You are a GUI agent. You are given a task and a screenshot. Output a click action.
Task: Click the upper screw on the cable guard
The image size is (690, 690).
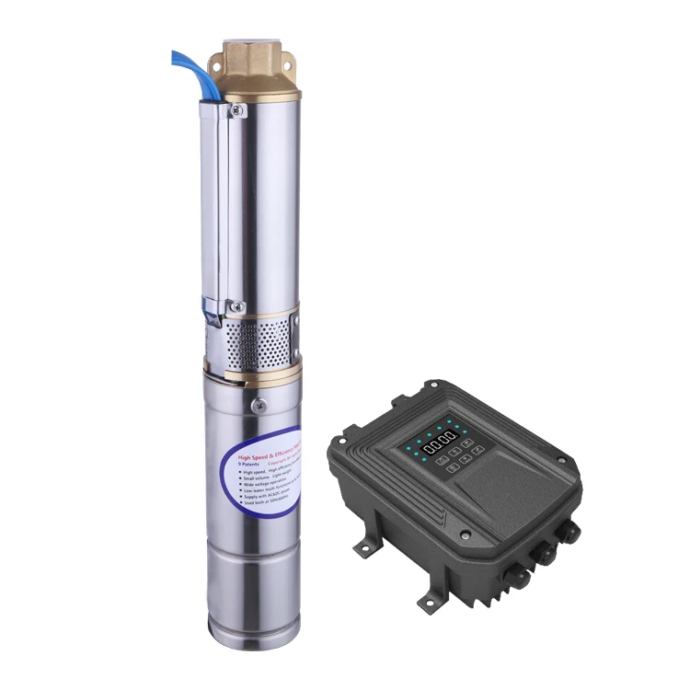tap(237, 111)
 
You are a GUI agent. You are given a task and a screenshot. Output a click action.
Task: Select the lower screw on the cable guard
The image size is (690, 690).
tap(236, 306)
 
